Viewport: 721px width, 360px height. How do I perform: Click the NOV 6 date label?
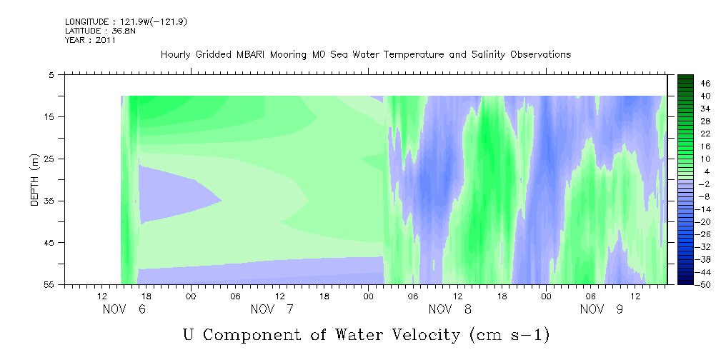(124, 309)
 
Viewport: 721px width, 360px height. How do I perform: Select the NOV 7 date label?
(272, 309)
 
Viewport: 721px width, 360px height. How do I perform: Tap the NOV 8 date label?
(449, 309)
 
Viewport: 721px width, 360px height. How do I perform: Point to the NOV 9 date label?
(602, 309)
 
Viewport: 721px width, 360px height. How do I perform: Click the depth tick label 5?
(51, 74)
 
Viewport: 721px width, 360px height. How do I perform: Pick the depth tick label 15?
(49, 116)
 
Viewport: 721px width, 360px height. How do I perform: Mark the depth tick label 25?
(49, 159)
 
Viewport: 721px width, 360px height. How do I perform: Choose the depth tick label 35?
(49, 201)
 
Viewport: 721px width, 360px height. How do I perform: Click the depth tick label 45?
(49, 243)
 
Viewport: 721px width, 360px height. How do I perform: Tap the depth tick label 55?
(49, 284)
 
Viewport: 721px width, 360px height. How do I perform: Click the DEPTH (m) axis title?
(35, 180)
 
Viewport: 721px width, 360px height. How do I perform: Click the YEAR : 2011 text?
(90, 40)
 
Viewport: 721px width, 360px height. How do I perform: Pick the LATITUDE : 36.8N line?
(96, 31)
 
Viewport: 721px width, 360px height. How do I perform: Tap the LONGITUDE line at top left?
(126, 21)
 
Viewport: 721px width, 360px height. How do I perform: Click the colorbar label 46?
(705, 84)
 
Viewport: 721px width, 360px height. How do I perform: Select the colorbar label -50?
(703, 285)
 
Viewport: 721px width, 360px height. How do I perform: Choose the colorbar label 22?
(705, 134)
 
